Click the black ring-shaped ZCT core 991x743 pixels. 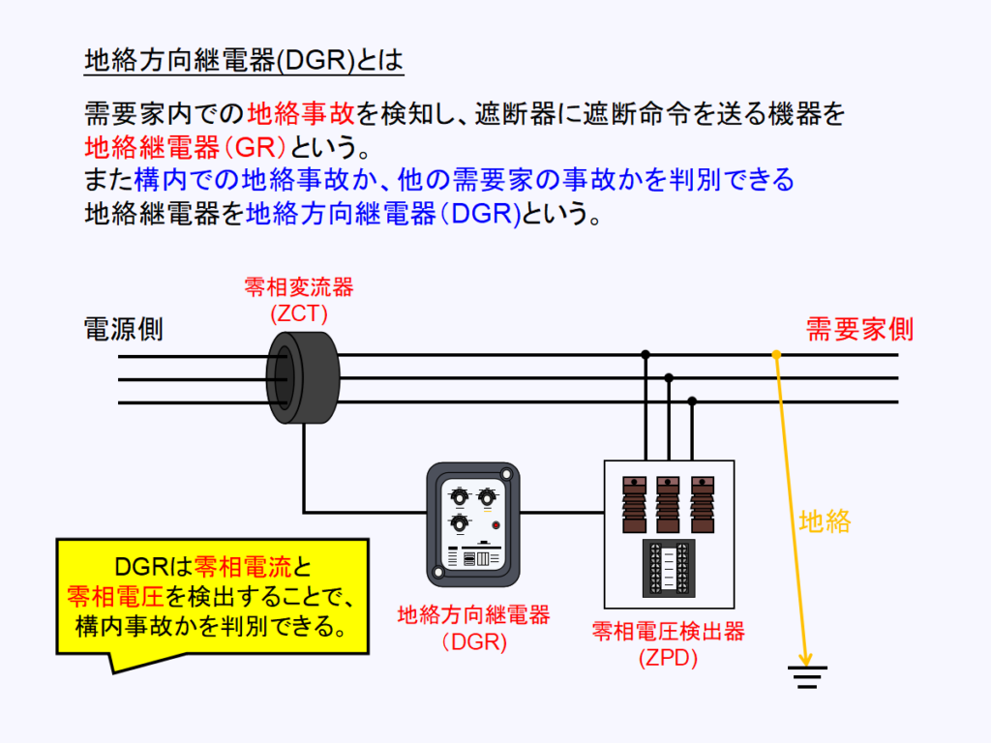(304, 377)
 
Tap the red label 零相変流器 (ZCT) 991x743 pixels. (299, 300)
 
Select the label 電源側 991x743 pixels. (124, 330)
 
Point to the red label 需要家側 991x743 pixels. (860, 330)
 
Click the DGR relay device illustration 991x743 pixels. (472, 523)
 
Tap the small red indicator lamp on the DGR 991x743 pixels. (496, 525)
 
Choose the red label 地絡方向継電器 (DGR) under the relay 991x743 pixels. (474, 628)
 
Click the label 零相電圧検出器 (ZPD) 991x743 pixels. (669, 645)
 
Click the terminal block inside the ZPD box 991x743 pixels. (669, 570)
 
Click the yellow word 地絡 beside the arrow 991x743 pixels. (825, 522)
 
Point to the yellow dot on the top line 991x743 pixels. (776, 355)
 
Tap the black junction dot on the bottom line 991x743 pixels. (692, 401)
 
